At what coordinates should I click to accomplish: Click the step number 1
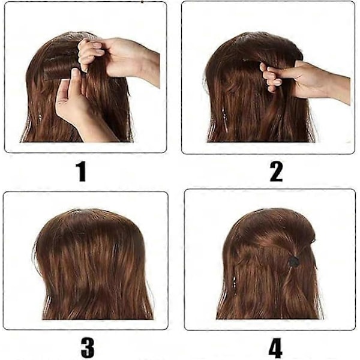81,172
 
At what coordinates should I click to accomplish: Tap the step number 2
276,172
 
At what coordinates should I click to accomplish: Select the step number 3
88,347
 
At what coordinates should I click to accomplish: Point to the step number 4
275,347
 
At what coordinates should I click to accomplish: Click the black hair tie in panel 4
294,262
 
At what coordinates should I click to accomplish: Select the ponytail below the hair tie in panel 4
296,292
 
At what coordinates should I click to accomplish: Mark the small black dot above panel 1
142,2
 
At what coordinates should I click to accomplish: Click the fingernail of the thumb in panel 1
76,73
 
